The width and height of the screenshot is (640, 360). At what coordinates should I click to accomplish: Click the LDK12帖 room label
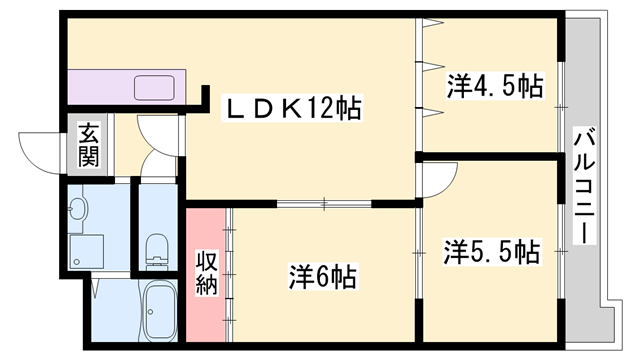[291, 105]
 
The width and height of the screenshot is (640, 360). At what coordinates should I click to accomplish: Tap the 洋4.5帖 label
[494, 86]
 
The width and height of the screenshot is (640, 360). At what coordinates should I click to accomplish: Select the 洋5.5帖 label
[492, 251]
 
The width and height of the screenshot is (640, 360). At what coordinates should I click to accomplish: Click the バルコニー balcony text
[585, 187]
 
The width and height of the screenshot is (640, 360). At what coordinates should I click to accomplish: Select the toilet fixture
[156, 250]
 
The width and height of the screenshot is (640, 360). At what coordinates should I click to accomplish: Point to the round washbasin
[79, 211]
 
